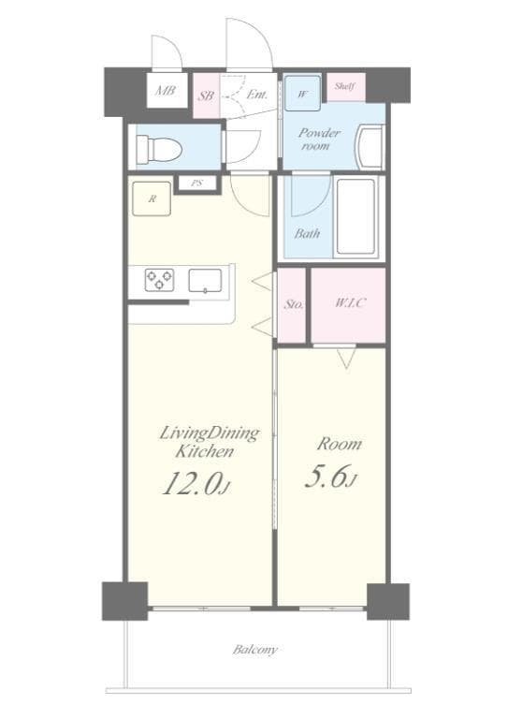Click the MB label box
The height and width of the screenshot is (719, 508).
pos(166,92)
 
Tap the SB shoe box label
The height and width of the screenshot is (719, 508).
pos(207,95)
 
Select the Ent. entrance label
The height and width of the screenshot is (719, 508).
pos(257,94)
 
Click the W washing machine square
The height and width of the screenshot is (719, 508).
pos(303,93)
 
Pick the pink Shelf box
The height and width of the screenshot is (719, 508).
pos(345,86)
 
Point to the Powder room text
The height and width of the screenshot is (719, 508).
pos(319,139)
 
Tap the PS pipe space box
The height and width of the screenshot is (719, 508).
pos(196,183)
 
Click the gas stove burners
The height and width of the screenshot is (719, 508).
pos(158,279)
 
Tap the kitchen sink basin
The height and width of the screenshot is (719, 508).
pos(206,279)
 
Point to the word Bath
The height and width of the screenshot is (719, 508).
pos(307,233)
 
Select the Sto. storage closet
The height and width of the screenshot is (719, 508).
pos(292,304)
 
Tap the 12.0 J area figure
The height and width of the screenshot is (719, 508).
pos(196,482)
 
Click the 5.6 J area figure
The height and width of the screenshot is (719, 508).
pos(331,477)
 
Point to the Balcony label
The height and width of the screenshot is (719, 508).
pos(255,649)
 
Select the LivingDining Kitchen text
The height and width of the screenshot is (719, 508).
pos(210,441)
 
